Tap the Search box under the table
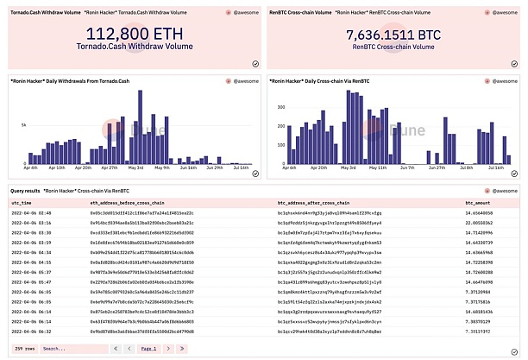(65, 348)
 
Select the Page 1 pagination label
(149, 348)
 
